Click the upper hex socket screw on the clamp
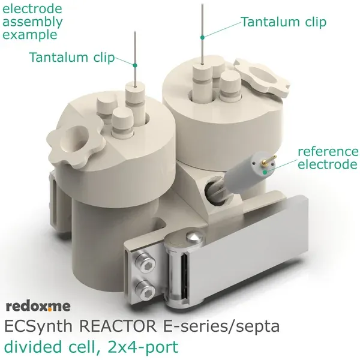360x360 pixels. tap(145, 262)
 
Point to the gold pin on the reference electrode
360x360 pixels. tap(269, 160)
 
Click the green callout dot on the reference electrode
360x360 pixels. tap(265, 172)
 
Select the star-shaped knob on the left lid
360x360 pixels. tap(76, 145)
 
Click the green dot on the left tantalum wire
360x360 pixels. tap(135, 65)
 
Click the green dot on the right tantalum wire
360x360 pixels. tap(202, 37)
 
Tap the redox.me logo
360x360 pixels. tap(38, 306)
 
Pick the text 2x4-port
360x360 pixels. tap(143, 347)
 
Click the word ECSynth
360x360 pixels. tap(38, 326)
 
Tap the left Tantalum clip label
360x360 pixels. tap(72, 57)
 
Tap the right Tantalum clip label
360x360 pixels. tap(284, 22)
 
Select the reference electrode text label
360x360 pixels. tap(328, 158)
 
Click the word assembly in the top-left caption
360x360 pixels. tap(32, 23)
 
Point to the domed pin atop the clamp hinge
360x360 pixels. tap(194, 237)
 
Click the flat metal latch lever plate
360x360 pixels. tap(248, 250)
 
